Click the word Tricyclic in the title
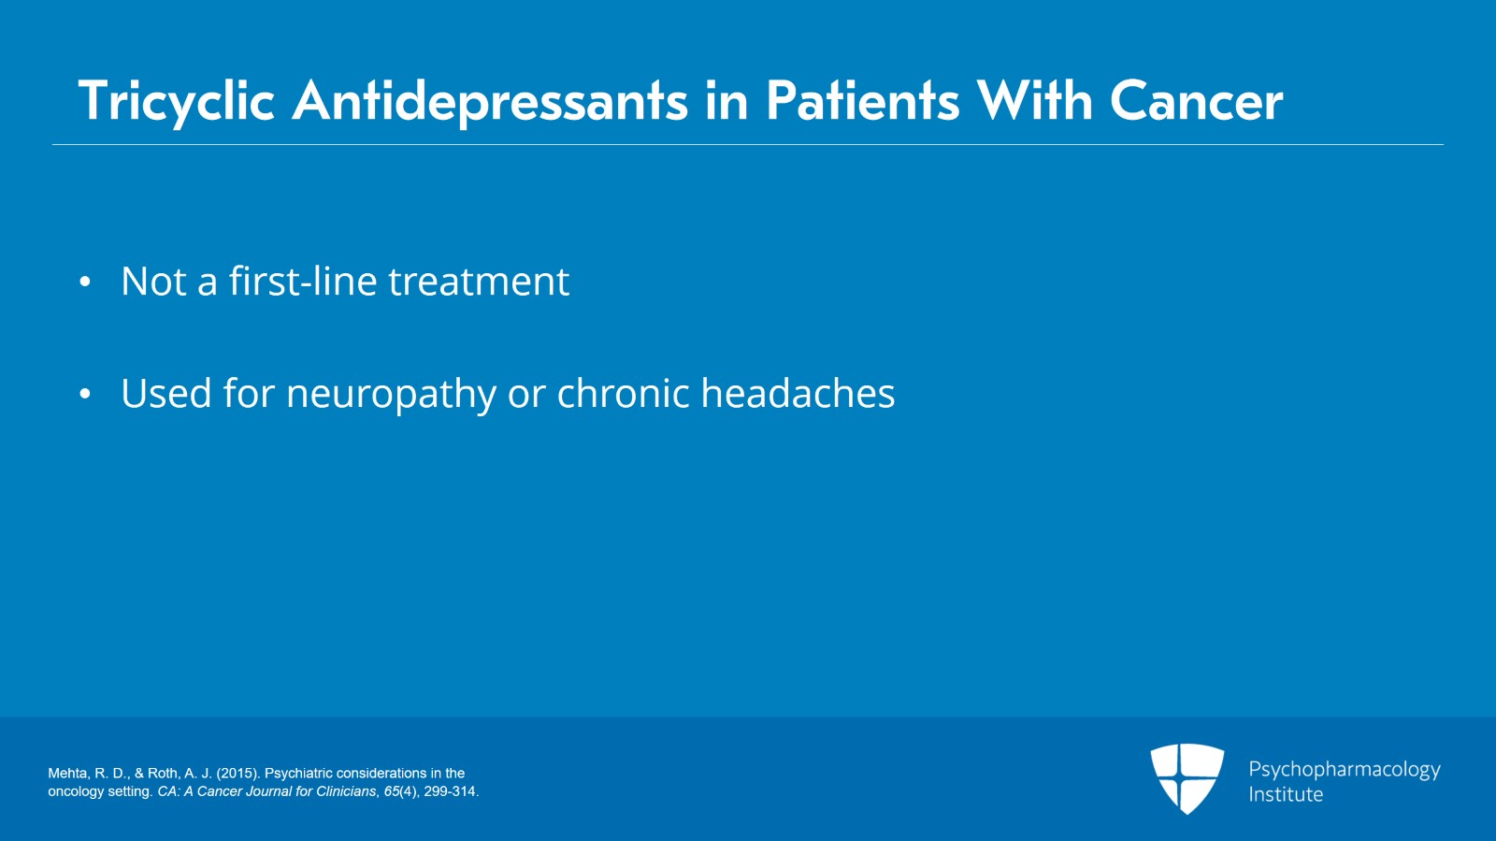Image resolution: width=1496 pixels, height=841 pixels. [x=176, y=101]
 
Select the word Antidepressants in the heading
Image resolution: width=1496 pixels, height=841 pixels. [x=490, y=101]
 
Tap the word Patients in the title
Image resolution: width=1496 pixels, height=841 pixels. [x=862, y=101]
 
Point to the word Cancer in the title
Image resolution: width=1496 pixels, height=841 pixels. [x=1196, y=101]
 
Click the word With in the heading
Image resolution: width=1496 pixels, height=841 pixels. [x=1034, y=101]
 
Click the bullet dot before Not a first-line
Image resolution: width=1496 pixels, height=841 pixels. [x=85, y=282]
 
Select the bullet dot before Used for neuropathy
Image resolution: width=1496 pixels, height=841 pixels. [x=85, y=394]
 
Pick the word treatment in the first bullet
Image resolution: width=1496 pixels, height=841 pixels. [x=479, y=282]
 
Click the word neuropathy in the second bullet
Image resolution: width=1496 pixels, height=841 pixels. [x=391, y=395]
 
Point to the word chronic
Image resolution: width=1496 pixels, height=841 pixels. [x=623, y=394]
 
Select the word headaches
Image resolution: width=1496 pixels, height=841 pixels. [x=798, y=394]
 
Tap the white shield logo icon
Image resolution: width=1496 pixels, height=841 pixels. [x=1187, y=778]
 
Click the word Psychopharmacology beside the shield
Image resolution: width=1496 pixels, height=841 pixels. [x=1344, y=770]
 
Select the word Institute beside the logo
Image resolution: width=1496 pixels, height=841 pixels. [x=1286, y=794]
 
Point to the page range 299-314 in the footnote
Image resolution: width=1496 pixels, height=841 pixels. [x=450, y=791]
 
